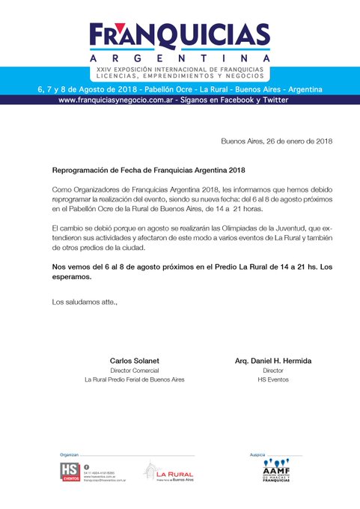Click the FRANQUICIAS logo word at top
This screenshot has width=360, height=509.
coord(180,36)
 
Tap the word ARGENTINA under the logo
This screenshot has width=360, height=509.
coord(180,58)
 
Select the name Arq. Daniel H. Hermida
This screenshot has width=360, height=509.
coord(273,360)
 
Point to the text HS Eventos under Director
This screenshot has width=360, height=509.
coord(273,380)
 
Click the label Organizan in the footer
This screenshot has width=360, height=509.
coord(69,454)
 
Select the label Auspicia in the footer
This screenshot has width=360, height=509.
coord(257,454)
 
